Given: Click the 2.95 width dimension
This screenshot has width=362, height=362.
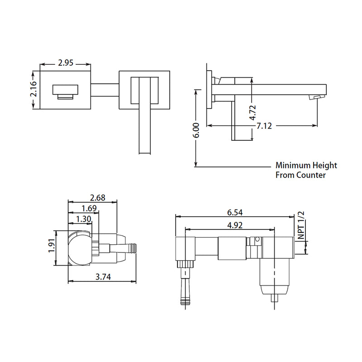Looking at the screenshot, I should click(66, 63).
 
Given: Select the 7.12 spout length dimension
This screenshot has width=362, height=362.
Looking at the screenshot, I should click(264, 126).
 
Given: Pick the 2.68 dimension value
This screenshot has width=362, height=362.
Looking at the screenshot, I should click(98, 197).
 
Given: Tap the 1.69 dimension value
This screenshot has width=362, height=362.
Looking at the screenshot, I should click(90, 208).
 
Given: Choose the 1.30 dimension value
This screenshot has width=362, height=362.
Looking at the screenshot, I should click(84, 219).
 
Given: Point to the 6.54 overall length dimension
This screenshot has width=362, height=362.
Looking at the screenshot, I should click(235, 212).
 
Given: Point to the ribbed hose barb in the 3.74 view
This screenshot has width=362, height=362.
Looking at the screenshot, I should click(131, 248).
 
